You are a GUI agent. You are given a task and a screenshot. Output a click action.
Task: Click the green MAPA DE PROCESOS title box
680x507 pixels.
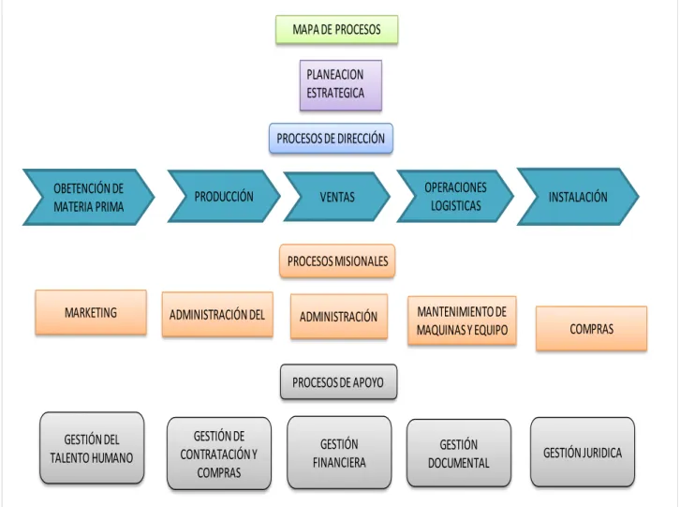coord(336,29)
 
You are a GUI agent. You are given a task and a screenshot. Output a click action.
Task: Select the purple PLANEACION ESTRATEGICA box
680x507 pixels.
coord(341,85)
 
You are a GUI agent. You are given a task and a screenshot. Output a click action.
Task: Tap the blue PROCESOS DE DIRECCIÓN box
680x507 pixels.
coord(331,139)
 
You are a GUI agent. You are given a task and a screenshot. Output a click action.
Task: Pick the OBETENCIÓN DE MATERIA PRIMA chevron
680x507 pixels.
coord(88,197)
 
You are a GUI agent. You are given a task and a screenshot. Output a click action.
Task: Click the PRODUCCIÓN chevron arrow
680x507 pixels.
coord(224,196)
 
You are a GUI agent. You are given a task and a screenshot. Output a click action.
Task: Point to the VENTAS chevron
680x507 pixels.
coord(337,197)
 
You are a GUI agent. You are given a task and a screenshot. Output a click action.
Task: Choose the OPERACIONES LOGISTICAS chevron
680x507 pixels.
coord(455,196)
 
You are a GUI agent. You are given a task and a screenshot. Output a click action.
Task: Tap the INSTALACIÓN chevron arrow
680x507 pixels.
coord(578,197)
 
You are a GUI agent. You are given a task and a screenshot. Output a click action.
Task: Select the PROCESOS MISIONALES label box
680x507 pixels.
coord(337,261)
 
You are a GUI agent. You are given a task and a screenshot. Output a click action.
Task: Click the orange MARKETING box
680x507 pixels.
coord(91,312)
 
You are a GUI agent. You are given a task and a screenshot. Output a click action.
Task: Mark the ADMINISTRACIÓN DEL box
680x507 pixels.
coord(217,315)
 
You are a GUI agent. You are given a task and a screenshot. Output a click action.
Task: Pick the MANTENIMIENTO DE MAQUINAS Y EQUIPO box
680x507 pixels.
coord(462,321)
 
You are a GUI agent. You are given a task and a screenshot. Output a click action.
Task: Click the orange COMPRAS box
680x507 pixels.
coord(592,329)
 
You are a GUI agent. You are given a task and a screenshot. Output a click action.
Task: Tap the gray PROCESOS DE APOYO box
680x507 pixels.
coord(338,382)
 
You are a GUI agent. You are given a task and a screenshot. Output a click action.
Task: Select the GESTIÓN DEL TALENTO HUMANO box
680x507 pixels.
coord(92,448)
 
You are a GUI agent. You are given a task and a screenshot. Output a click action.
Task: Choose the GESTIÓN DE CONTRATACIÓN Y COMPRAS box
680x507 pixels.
coord(219,454)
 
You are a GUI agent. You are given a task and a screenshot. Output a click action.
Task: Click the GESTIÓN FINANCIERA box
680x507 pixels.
coord(339,453)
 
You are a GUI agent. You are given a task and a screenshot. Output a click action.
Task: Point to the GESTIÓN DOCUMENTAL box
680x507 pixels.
coord(459,454)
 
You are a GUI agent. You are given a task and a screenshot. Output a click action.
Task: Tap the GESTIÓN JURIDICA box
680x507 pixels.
coord(583,453)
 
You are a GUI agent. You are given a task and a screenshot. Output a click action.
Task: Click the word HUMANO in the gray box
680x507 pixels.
coord(111,458)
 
